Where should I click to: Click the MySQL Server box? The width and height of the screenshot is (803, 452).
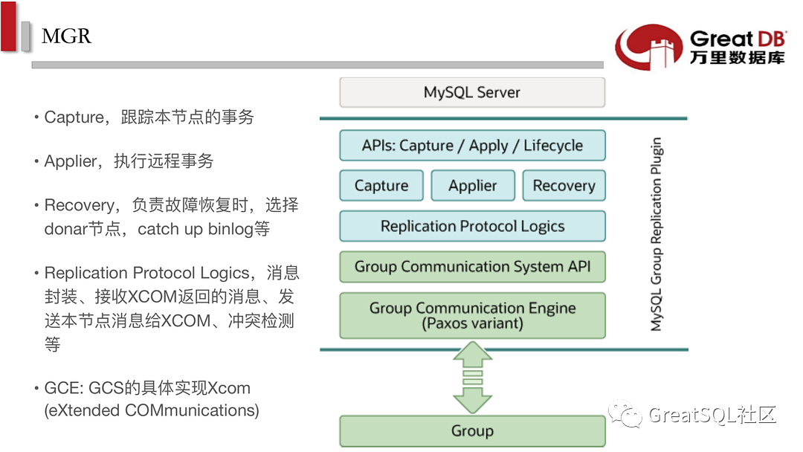[472, 92]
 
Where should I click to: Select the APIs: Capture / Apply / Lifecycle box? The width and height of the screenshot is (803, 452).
[472, 146]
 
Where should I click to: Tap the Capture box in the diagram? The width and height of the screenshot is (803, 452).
[381, 185]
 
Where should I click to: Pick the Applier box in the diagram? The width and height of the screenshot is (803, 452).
[473, 185]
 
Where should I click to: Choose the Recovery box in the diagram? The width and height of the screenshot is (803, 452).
[564, 185]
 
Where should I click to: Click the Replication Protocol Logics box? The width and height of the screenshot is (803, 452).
[472, 226]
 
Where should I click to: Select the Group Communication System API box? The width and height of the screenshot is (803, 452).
[472, 267]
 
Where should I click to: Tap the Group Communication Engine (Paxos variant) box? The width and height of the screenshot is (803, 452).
[472, 315]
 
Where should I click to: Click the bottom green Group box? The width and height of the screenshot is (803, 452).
[472, 431]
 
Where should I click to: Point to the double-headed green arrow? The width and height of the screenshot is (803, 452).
[472, 377]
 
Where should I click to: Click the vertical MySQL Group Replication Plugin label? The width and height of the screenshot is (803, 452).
[656, 234]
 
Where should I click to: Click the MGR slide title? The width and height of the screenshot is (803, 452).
[66, 36]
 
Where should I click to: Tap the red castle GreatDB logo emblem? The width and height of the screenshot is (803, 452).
[649, 47]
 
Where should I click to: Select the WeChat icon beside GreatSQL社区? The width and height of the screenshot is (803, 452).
[625, 413]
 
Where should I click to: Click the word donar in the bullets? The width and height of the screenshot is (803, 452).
[66, 229]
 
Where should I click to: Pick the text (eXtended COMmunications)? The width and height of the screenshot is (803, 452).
[152, 410]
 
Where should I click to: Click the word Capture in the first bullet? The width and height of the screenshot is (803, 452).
[74, 117]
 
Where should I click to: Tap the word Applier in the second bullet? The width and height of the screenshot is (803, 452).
[71, 161]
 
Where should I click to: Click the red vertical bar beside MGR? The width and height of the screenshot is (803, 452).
[8, 26]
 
